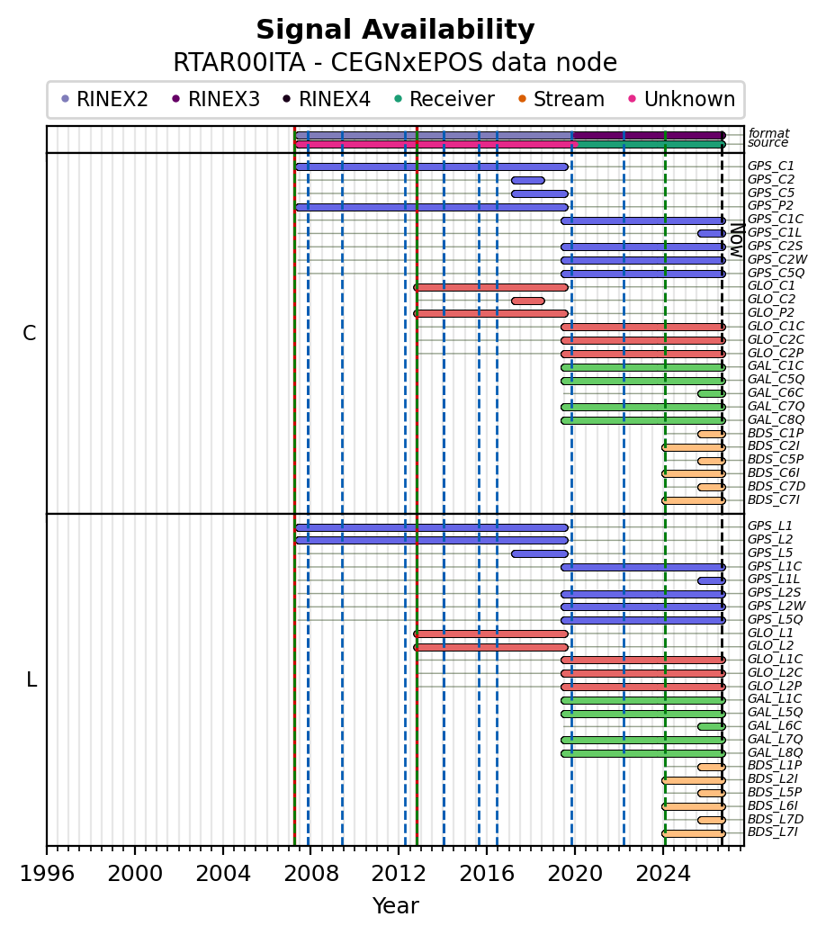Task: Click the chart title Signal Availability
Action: tap(395, 30)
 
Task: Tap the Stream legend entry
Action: tap(561, 99)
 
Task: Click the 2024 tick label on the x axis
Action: tap(663, 874)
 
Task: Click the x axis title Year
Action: tap(395, 906)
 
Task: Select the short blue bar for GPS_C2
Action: tap(528, 181)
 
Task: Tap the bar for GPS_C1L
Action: tap(712, 234)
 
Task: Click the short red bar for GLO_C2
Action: tap(528, 301)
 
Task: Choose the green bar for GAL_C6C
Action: tap(712, 393)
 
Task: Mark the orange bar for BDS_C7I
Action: tap(694, 500)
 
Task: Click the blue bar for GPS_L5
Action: tap(540, 554)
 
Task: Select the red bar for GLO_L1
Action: tap(490, 634)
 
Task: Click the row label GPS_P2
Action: tap(770, 206)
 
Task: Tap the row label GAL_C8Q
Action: tap(776, 419)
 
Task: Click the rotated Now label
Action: tap(738, 240)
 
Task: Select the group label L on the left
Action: tap(31, 679)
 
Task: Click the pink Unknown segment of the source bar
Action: tap(436, 144)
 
